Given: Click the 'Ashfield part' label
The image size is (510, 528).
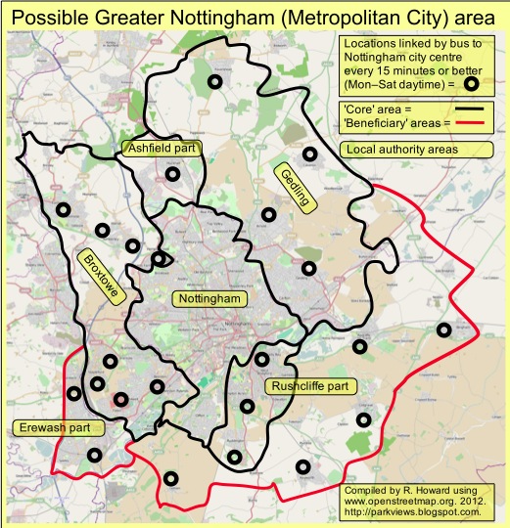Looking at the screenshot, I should point(162,149).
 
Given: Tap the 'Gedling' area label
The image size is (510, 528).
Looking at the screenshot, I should point(293,185).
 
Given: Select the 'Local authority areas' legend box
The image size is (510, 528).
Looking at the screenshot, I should point(413,150).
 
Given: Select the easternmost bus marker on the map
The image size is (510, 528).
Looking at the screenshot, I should point(444,330).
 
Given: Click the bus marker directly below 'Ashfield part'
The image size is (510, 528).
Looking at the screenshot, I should point(173,175).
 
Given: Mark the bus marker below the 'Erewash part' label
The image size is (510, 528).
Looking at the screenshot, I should point(93,455).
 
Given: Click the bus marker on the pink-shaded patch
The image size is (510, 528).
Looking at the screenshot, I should point(118,398).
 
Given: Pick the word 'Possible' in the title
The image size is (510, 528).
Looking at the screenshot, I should point(52,17).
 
